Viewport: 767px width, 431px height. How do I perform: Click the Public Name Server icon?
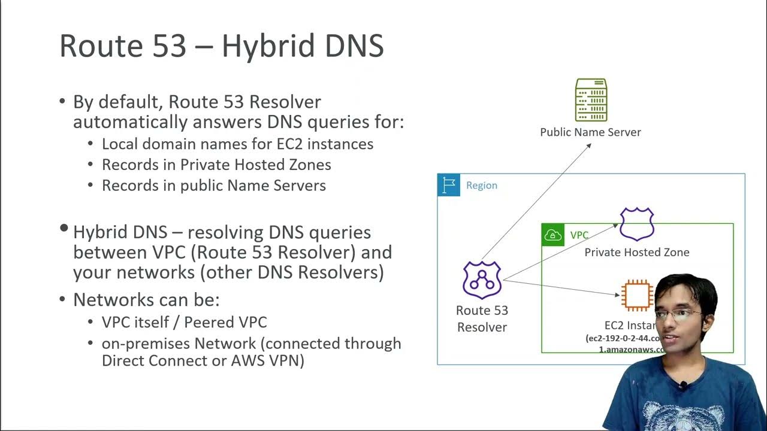(591, 100)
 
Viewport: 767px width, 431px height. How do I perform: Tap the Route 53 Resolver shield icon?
(482, 280)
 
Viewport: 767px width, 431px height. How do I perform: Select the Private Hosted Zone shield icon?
(636, 224)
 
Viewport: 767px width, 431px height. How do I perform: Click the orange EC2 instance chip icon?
(636, 295)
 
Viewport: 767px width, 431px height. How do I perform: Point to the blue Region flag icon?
(449, 185)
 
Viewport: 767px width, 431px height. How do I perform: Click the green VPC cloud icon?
(552, 235)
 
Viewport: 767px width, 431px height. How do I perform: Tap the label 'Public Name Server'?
(590, 132)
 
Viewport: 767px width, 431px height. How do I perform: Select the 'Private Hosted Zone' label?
(636, 253)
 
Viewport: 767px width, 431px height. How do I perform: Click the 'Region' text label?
(482, 186)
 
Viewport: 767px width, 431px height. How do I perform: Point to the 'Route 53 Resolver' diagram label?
(482, 318)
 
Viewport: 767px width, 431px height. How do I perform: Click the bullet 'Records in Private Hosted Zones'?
(216, 165)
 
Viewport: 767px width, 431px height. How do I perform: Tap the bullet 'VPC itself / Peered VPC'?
(184, 323)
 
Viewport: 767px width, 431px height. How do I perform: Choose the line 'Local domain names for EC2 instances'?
(237, 144)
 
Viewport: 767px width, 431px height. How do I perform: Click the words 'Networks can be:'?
(146, 300)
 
